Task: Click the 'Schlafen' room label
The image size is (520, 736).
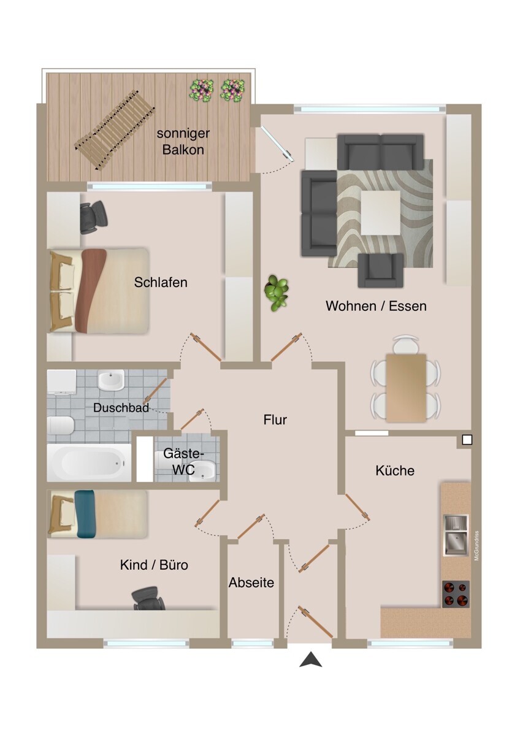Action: coord(161,283)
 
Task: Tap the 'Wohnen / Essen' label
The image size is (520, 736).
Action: coord(376,305)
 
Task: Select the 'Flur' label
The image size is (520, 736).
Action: coord(275,420)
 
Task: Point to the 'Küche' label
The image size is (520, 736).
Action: coord(395,471)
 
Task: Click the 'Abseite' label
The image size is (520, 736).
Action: coord(251,583)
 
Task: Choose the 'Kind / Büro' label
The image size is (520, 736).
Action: coord(154,565)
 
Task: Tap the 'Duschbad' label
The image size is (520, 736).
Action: coord(121,408)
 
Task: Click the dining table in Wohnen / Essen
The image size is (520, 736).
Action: coord(405,388)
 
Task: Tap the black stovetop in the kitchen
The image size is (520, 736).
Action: coord(456,594)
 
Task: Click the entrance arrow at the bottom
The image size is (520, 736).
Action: coord(312,660)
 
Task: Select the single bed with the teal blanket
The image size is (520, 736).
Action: coord(98,514)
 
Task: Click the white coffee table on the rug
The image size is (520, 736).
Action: coord(380,212)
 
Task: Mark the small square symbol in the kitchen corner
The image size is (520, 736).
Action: coord(467,439)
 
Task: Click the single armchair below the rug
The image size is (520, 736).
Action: coord(381,270)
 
